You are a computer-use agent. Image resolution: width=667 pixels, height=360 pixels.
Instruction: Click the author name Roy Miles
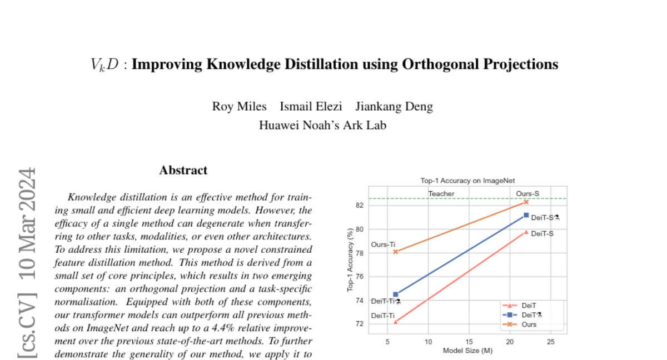click(x=239, y=106)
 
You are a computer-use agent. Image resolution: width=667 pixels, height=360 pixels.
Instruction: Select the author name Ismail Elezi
click(x=311, y=106)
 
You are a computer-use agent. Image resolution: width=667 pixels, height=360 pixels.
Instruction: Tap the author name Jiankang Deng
click(x=394, y=106)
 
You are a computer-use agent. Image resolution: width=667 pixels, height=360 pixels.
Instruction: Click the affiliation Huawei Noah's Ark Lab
click(x=322, y=125)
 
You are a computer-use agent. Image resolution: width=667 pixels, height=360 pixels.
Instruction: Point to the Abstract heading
click(x=183, y=170)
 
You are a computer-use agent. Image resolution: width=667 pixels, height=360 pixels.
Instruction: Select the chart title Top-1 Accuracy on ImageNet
click(x=467, y=181)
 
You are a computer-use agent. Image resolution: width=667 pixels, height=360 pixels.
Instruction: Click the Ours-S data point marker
click(x=526, y=202)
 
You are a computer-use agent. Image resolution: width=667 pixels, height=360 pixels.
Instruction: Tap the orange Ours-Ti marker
click(x=395, y=252)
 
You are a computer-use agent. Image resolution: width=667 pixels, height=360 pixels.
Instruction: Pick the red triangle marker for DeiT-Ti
click(x=395, y=322)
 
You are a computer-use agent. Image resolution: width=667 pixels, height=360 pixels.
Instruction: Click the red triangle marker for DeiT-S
click(x=526, y=232)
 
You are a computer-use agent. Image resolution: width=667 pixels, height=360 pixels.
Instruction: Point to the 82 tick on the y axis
click(x=359, y=206)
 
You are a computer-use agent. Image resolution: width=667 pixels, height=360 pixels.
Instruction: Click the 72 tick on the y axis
click(x=359, y=324)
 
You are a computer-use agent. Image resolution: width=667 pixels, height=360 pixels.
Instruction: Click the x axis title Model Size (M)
click(x=467, y=351)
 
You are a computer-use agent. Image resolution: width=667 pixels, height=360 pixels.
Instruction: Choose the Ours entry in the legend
click(x=529, y=324)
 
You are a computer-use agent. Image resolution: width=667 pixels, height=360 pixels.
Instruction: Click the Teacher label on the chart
click(x=441, y=194)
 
